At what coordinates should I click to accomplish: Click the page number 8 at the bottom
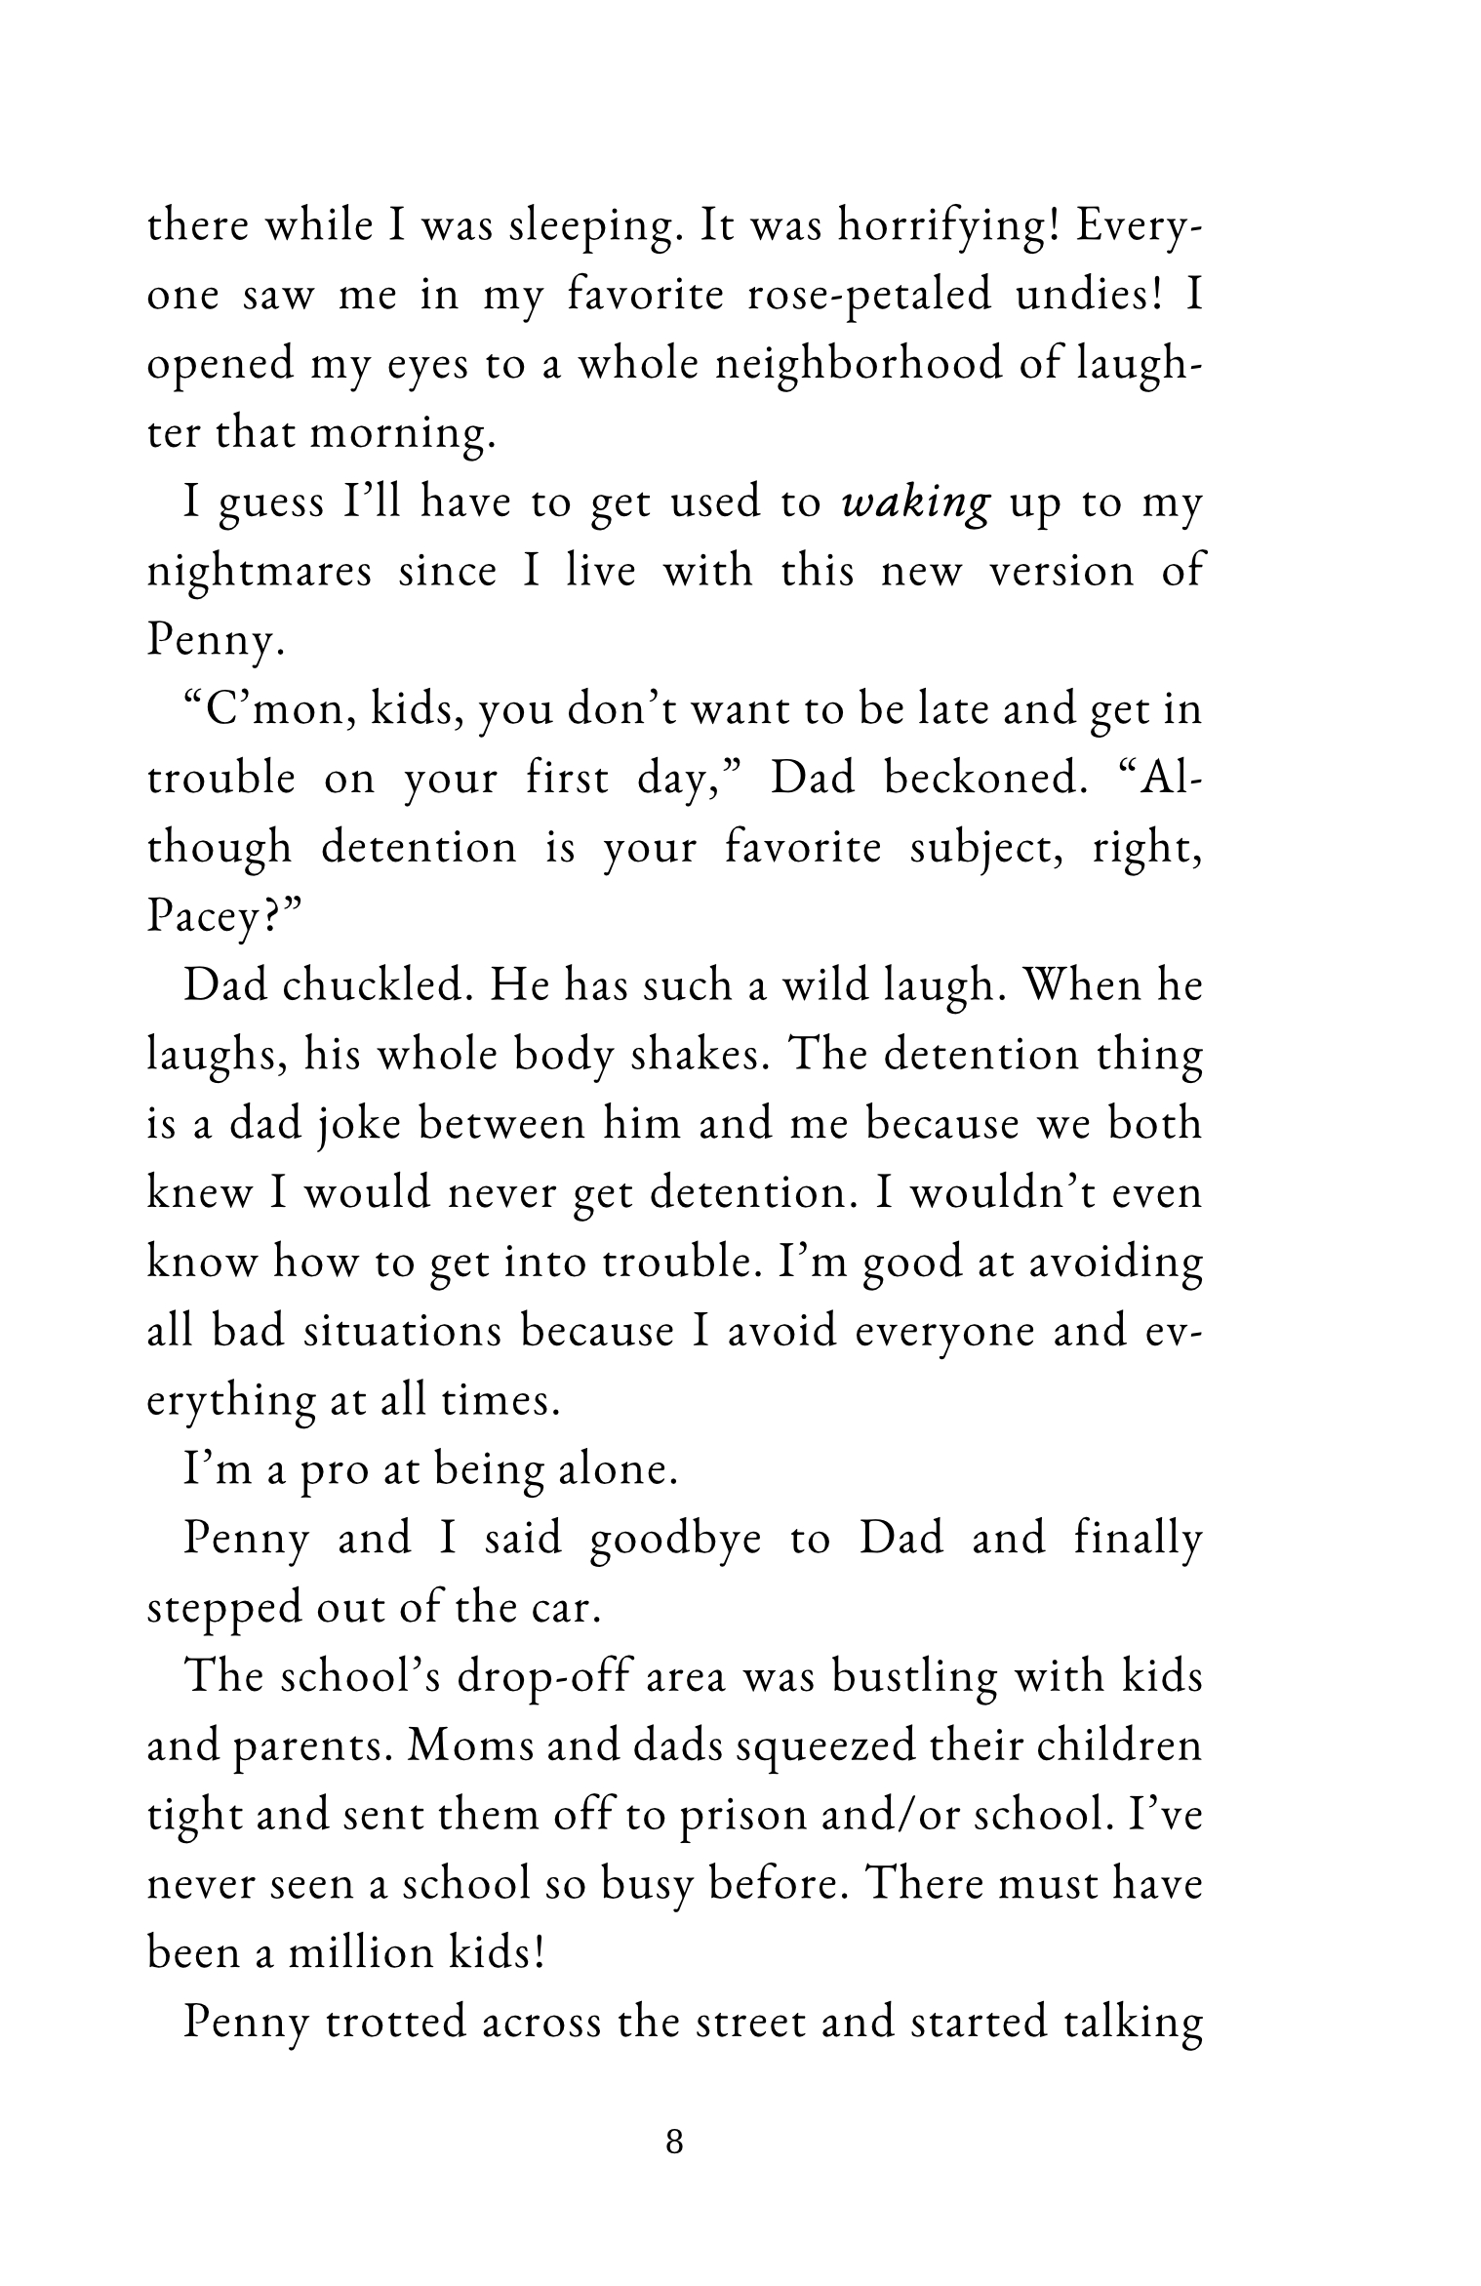coord(673,2143)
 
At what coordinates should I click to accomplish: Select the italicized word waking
coord(916,503)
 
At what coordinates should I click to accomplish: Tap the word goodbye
coord(675,1540)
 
